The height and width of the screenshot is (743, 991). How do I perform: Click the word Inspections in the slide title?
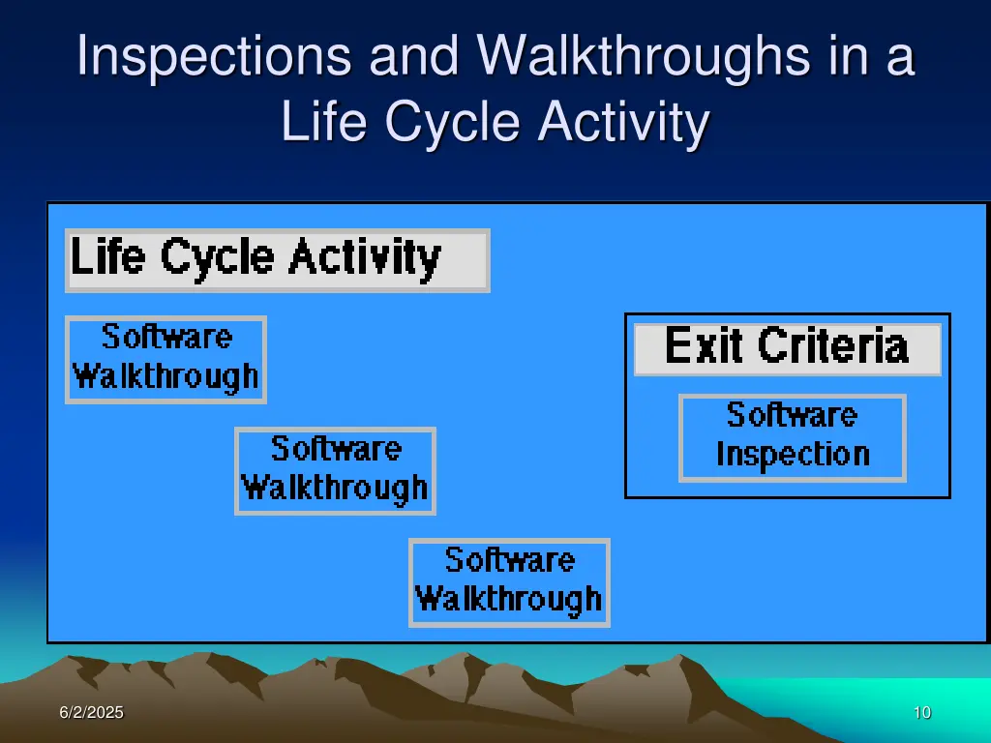213,56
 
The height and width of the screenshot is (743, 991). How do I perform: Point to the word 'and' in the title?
413,56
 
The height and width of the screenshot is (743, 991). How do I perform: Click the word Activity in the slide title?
624,123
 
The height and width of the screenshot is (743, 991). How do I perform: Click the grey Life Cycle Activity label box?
277,260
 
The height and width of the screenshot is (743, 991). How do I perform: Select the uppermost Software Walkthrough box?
165,359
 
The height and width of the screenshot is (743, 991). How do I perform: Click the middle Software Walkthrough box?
335,470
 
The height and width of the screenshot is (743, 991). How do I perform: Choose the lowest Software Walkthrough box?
509,582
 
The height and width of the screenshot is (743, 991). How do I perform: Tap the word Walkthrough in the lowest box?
509,600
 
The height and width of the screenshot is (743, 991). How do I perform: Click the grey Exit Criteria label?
787,348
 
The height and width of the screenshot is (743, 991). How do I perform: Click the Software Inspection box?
793,437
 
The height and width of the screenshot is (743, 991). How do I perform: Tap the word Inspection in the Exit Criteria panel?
793,455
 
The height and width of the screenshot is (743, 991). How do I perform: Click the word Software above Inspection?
793,416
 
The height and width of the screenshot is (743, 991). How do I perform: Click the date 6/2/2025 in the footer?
91,713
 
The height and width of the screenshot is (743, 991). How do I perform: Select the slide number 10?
921,713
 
